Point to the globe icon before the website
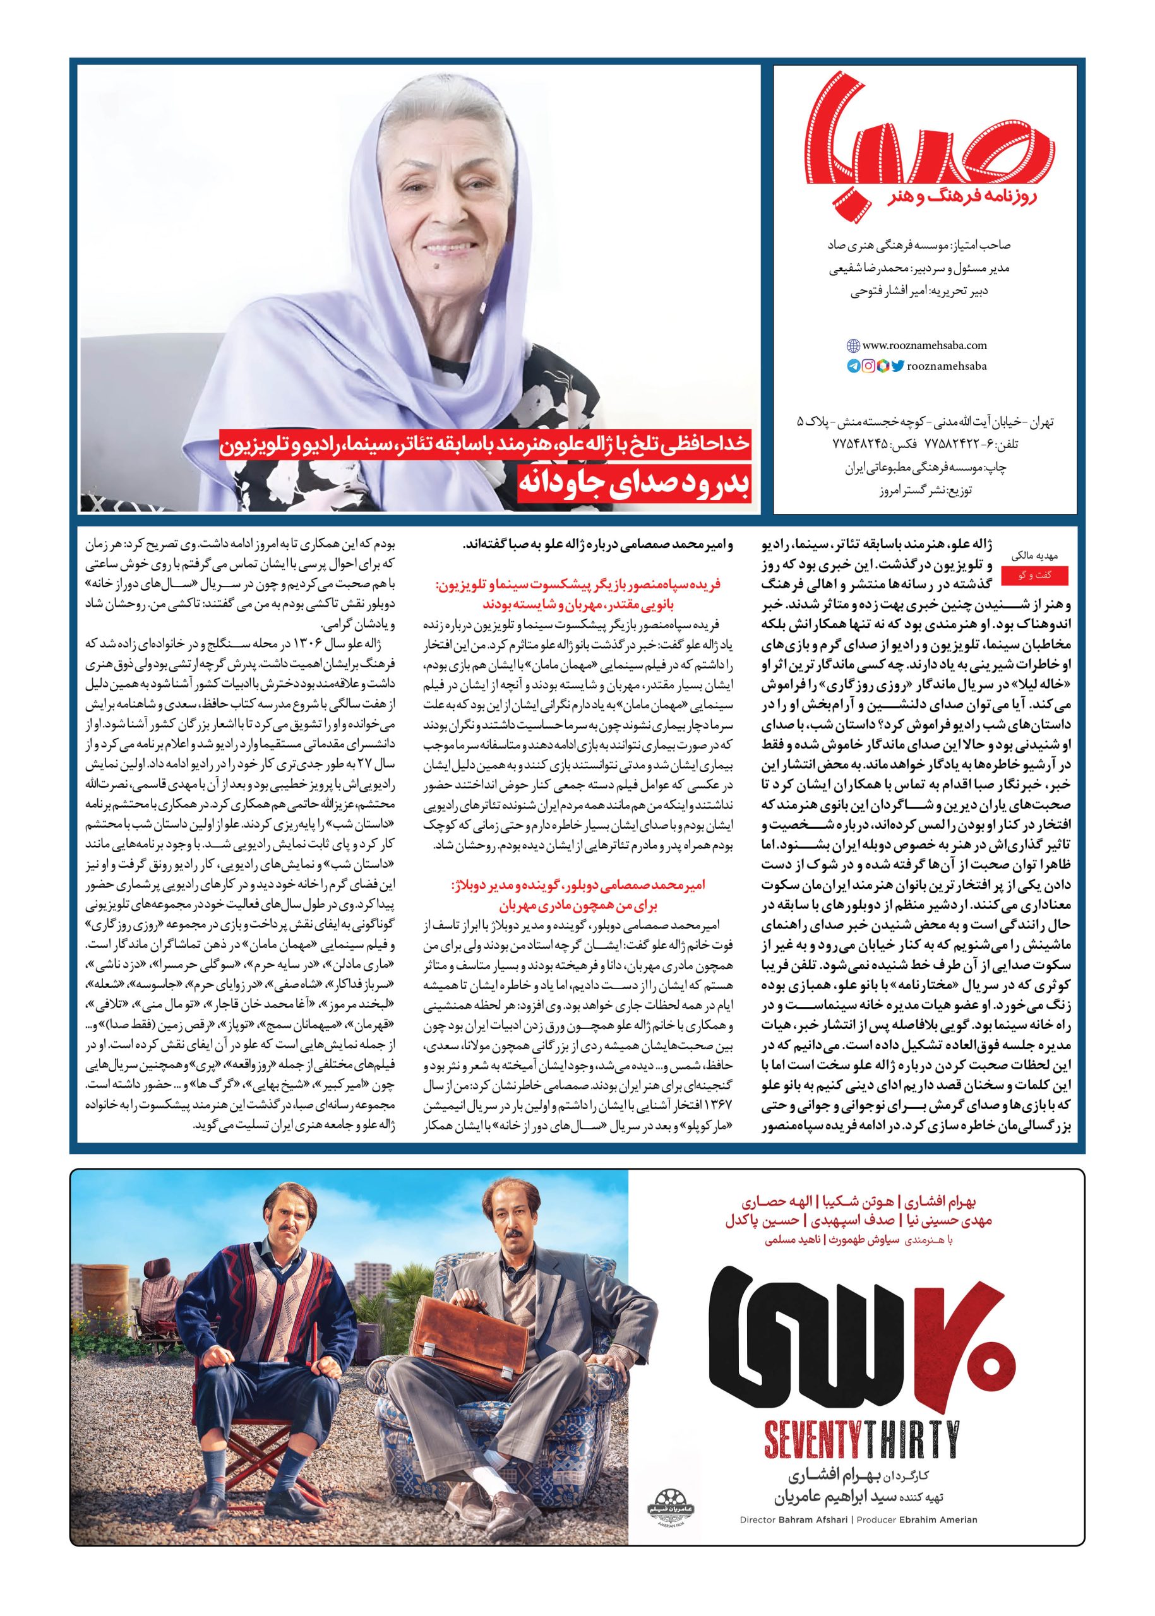(853, 346)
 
